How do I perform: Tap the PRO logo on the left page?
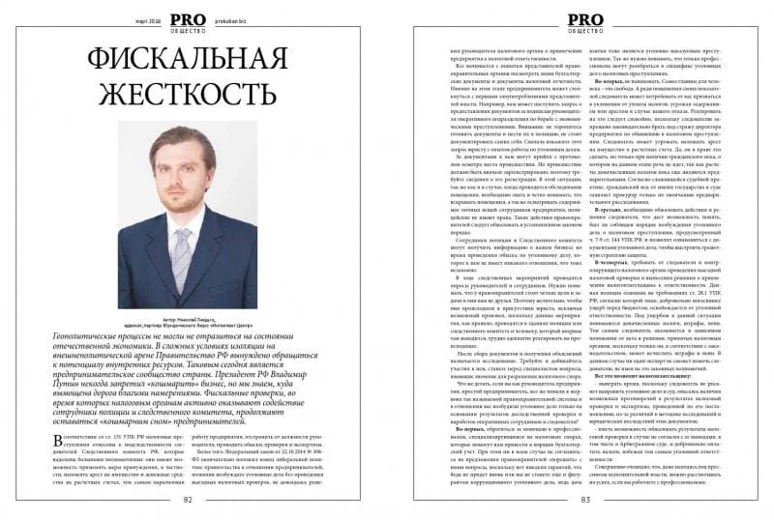(187, 17)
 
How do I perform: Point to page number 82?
(187, 499)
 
